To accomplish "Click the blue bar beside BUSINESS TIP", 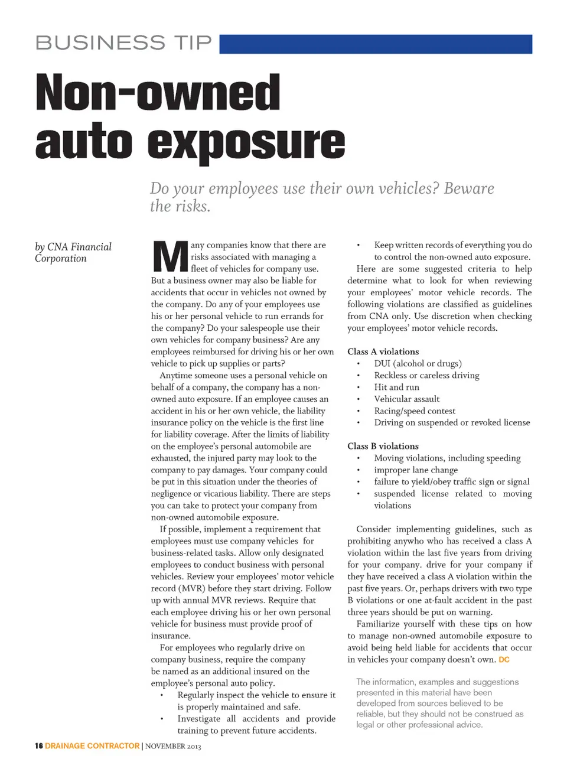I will pos(376,44).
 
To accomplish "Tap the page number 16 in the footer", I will pos(38,746).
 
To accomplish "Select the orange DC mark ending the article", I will pos(504,660).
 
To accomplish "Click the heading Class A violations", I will pos(383,351).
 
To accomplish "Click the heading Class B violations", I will pos(383,446).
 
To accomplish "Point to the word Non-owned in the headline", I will pos(158,93).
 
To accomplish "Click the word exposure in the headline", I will pos(246,142).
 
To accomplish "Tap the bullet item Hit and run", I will pos(396,387).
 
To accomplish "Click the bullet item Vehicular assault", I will pos(406,399).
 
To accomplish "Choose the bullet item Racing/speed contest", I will pos(415,411).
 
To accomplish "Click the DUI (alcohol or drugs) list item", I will pos(418,363).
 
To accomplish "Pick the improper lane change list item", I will pos(416,470).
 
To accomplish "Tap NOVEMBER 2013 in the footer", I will pos(173,747).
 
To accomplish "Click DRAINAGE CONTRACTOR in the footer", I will pos(92,746).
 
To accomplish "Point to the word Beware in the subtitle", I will pos(469,188).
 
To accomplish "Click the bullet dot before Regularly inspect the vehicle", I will pos(162,695).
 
